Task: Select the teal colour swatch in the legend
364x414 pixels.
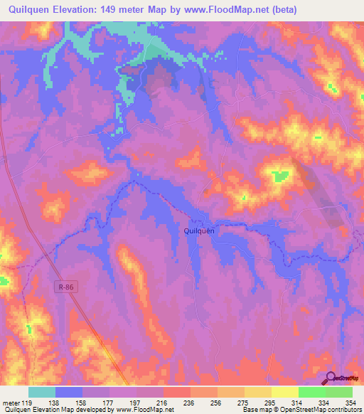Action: [42, 392]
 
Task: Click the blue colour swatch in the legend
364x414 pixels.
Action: [69, 392]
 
